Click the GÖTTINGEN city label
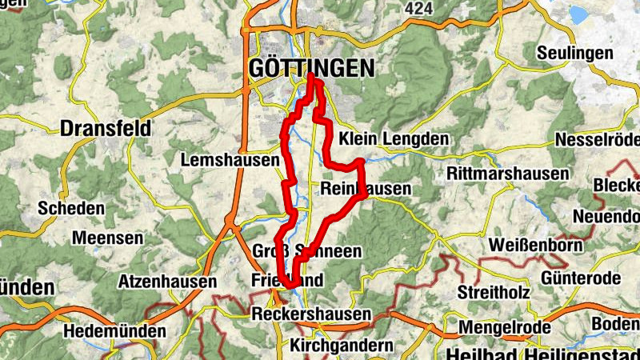click(x=311, y=69)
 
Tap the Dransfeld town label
click(x=106, y=128)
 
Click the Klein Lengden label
click(x=394, y=138)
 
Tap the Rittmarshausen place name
click(x=508, y=174)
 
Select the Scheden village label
click(x=71, y=209)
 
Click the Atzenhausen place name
click(x=167, y=282)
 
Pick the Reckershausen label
click(x=311, y=314)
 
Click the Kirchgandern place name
click(x=342, y=346)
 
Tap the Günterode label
click(x=581, y=278)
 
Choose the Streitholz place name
click(x=494, y=292)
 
